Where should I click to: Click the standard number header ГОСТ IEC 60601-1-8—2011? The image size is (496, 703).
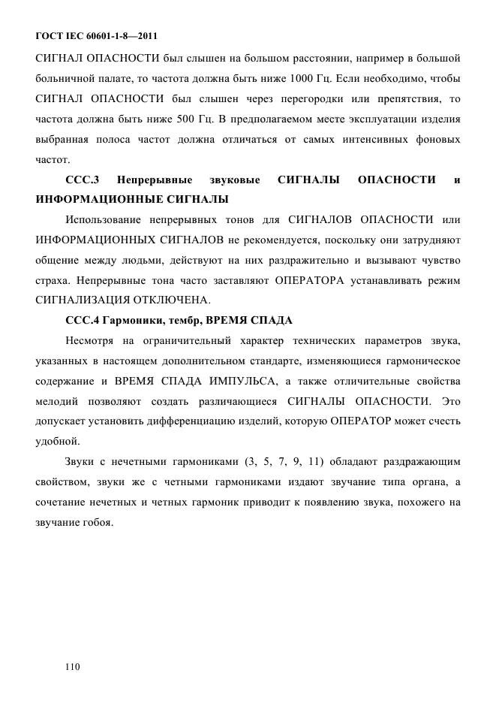tap(97, 35)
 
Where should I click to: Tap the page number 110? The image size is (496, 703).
tap(73, 666)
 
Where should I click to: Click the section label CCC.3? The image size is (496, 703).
tap(83, 179)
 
